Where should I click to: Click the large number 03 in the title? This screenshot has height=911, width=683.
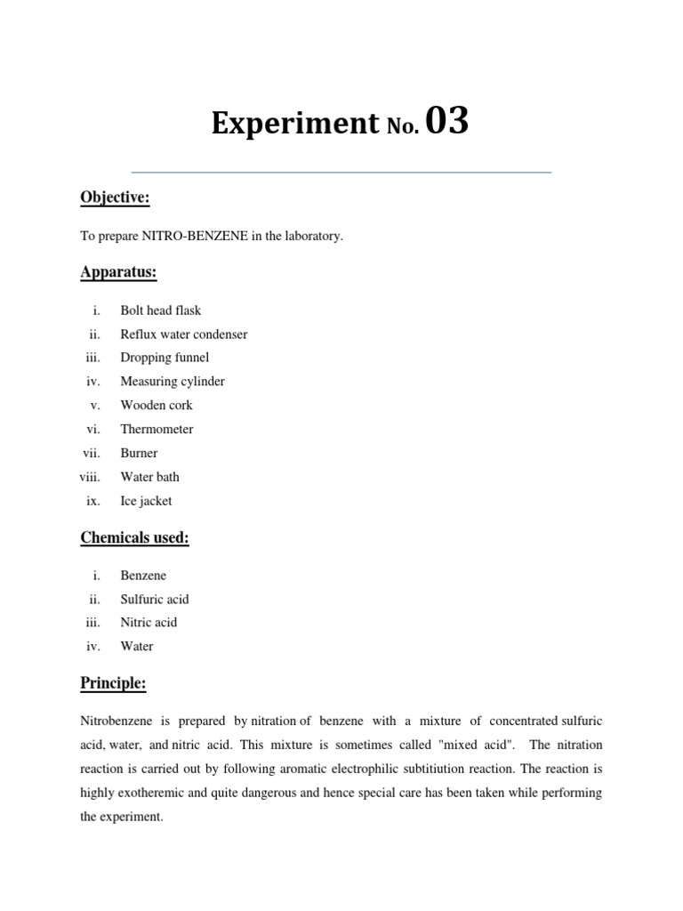click(446, 123)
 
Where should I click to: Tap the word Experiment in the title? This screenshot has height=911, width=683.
click(294, 125)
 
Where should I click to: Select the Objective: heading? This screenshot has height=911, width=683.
click(115, 198)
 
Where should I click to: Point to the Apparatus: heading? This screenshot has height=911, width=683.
click(118, 272)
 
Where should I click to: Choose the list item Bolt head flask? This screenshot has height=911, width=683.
click(161, 310)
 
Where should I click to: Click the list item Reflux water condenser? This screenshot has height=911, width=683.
click(184, 335)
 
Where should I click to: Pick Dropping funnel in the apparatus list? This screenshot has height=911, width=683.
click(165, 358)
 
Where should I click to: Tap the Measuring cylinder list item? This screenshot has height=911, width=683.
click(173, 382)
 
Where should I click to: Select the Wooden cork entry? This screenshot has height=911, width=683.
click(157, 405)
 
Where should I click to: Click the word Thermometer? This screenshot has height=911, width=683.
click(157, 429)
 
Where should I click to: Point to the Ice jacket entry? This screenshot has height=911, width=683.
click(147, 500)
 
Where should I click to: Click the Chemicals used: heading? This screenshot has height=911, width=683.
click(134, 537)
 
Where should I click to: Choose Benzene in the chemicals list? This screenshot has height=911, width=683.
click(143, 576)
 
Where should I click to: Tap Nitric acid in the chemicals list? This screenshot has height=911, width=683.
click(149, 623)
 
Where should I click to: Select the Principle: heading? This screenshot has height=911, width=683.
click(113, 683)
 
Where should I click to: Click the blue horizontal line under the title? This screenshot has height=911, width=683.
click(341, 172)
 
